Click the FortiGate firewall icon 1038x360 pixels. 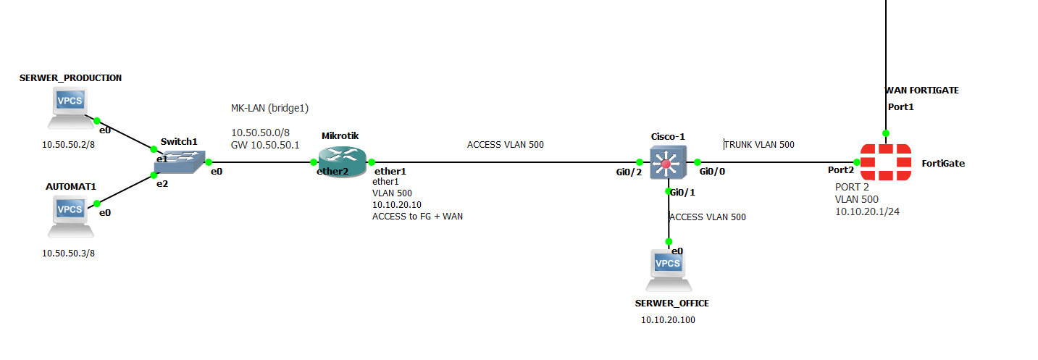click(x=885, y=162)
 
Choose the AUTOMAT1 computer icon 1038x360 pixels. click(x=70, y=215)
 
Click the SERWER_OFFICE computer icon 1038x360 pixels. click(x=668, y=269)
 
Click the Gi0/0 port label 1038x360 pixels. click(x=712, y=172)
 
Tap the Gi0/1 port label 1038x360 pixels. click(x=682, y=192)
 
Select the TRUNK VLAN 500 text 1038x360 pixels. click(x=759, y=144)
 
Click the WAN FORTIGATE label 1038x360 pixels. click(x=921, y=91)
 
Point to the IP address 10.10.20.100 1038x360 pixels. click(x=668, y=319)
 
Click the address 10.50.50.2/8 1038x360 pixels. click(x=68, y=144)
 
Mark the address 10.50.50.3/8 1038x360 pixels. click(x=68, y=254)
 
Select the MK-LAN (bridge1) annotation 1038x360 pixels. click(x=270, y=109)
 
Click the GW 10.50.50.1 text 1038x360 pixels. click(x=265, y=145)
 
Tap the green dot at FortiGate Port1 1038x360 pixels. click(x=885, y=133)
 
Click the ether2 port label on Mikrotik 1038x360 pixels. click(x=332, y=172)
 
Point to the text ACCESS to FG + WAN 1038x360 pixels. click(x=417, y=216)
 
